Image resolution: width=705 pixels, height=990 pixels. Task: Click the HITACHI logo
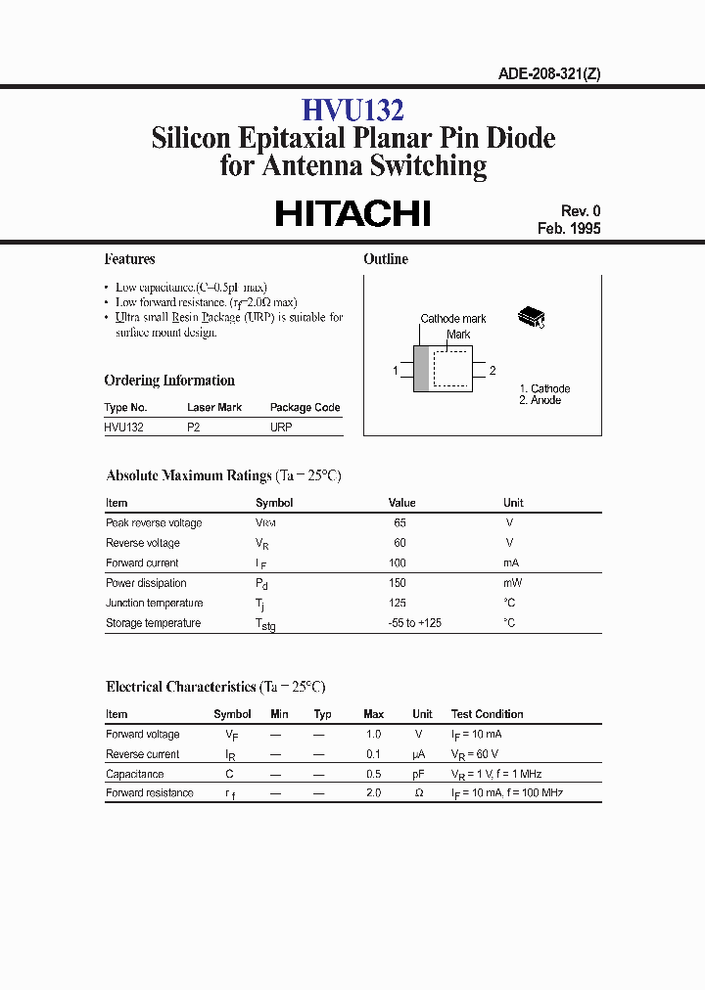[352, 213]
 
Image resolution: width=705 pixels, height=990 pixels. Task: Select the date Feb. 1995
[569, 229]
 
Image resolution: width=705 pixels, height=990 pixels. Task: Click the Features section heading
[130, 259]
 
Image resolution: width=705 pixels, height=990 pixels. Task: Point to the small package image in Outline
[531, 317]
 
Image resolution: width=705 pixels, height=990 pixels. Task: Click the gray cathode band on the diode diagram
[421, 370]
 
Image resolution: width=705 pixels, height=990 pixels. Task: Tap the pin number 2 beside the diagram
[493, 371]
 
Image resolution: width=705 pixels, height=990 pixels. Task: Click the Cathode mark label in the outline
[453, 319]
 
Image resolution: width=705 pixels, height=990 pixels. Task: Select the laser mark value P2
[193, 427]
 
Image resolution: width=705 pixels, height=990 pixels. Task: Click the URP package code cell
[281, 427]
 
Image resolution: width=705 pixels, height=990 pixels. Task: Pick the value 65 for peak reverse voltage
[399, 523]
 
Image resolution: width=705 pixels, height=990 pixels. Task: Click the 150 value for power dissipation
[397, 583]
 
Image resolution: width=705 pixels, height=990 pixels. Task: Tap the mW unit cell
[511, 583]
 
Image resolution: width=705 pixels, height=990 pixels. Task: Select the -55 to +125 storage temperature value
[414, 623]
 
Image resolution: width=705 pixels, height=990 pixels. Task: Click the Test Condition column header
[487, 714]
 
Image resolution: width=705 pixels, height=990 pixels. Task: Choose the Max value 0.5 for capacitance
[373, 774]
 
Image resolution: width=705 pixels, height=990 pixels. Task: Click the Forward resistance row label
[150, 793]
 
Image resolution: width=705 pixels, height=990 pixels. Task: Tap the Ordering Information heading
[169, 381]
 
